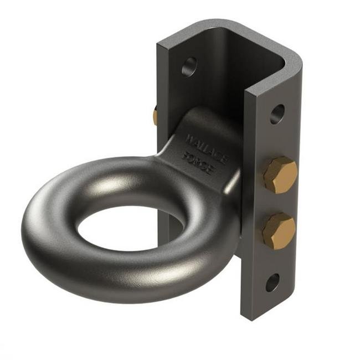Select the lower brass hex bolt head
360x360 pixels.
279,230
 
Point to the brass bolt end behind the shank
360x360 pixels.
155,116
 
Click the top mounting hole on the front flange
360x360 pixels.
277,114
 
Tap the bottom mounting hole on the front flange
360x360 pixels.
272,282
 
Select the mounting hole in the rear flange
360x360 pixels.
189,66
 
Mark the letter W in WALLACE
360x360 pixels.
190,137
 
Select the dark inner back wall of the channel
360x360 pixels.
222,78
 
